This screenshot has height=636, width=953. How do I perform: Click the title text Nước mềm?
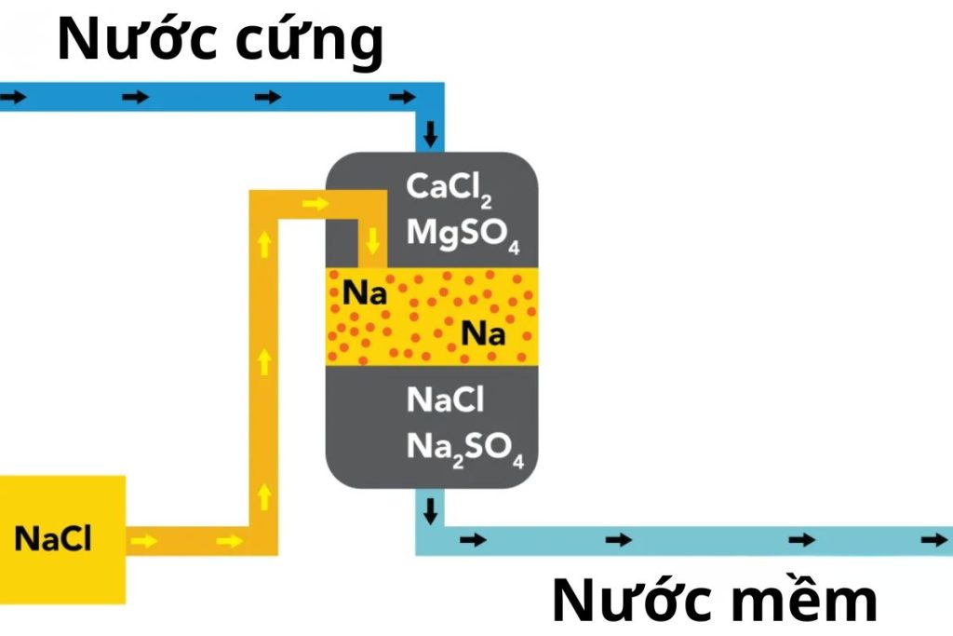tap(715, 601)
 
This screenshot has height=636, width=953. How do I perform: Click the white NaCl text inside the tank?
tap(446, 400)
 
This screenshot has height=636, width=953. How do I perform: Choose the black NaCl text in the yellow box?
tap(53, 539)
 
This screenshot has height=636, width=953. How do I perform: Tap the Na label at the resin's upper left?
tap(365, 293)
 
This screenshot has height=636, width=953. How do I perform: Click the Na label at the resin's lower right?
tap(484, 332)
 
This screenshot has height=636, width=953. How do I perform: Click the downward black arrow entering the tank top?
tap(429, 135)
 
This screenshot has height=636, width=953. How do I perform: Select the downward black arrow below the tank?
tap(430, 510)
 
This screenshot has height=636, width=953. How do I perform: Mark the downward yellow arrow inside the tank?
tap(373, 241)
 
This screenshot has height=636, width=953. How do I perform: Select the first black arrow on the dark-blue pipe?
tap(10, 97)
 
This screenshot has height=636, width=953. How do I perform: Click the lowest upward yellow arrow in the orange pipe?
tap(264, 494)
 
